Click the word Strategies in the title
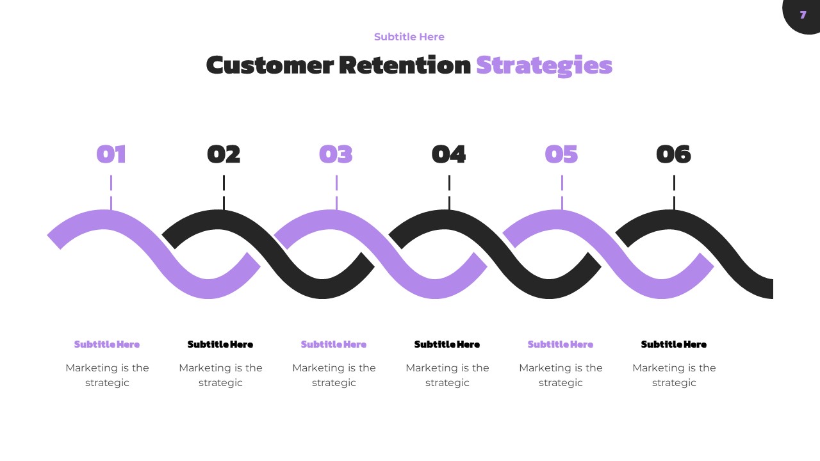coord(544,65)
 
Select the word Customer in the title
coord(270,65)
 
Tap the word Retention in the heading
coord(404,65)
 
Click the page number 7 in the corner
coord(803,15)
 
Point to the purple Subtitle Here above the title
coord(409,37)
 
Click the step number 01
coord(111,154)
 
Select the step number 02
coord(224,154)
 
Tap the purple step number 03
coord(336,154)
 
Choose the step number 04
coord(448,154)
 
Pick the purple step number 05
coord(561,154)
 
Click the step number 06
coord(673,154)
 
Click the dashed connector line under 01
coord(111,192)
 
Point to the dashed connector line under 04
coord(449,192)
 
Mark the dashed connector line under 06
coord(674,192)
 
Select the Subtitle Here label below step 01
coord(107,344)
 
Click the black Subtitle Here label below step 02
coord(220,344)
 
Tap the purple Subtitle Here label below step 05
coord(561,344)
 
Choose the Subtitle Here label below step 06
coord(674,344)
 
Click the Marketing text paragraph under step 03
coord(334,375)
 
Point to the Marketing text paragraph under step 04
coord(447,375)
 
